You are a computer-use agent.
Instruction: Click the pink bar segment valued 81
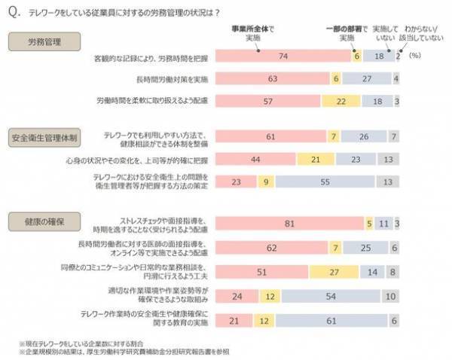(x=289, y=223)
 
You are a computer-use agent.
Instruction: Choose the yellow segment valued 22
(x=341, y=100)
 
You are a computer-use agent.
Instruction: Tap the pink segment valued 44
(x=256, y=159)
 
